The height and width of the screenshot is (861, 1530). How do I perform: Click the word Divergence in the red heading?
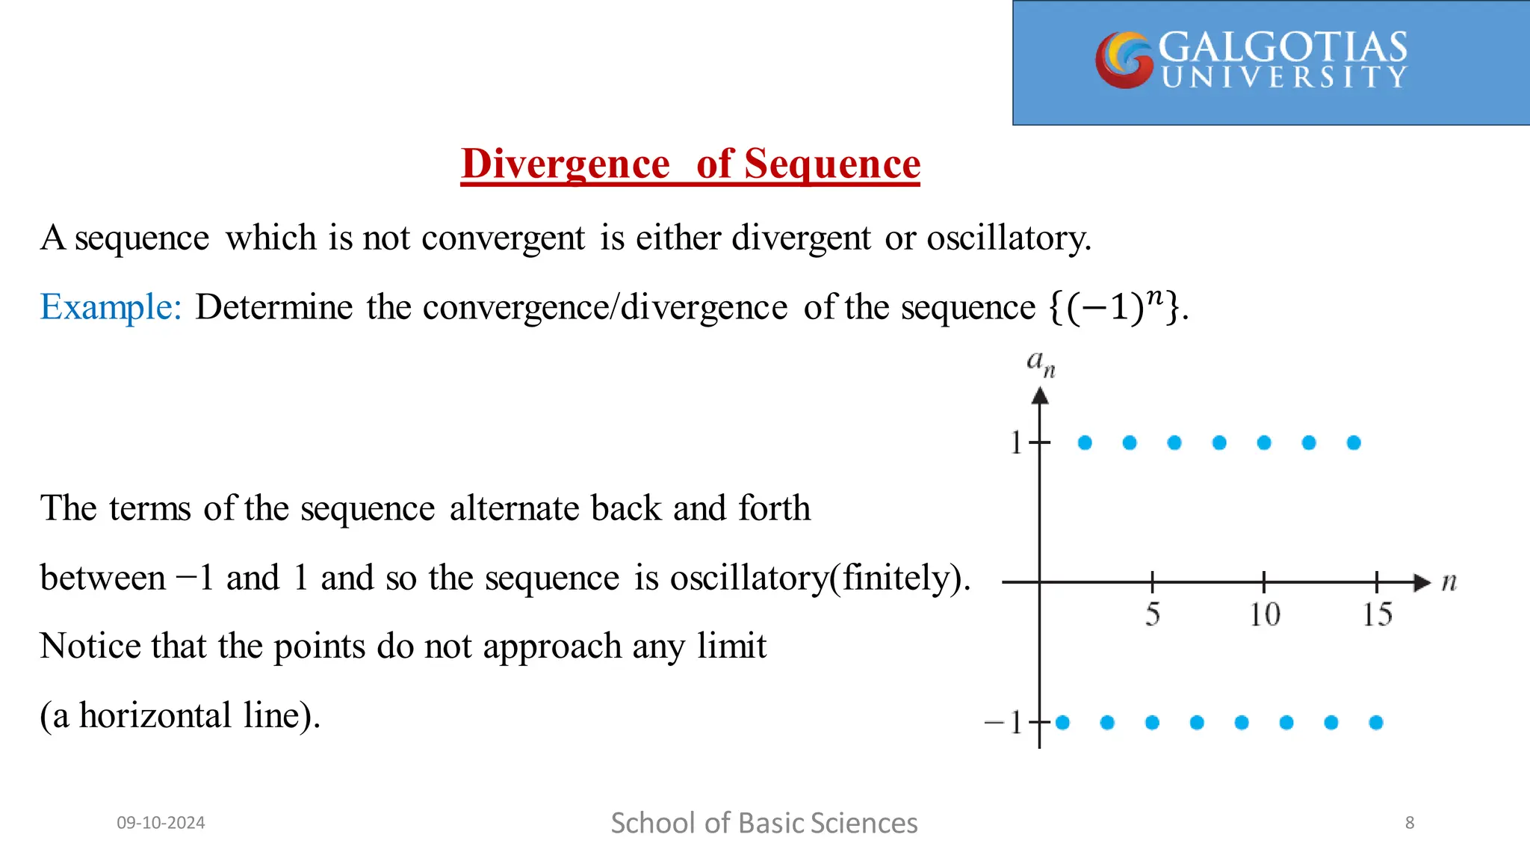[566, 164]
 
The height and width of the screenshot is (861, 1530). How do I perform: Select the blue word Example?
[110, 307]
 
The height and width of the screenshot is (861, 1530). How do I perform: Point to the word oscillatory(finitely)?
[820, 578]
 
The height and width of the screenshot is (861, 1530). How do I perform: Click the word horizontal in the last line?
[155, 715]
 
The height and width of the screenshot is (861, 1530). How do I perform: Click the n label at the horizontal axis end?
[1449, 581]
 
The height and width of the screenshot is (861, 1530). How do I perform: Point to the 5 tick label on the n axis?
[1153, 614]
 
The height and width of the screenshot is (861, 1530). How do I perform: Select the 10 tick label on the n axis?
[1265, 614]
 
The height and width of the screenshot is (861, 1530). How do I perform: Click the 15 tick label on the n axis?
[1377, 614]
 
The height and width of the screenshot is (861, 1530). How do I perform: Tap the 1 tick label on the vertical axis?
[1016, 442]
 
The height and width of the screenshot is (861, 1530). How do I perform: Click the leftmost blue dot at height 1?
[1085, 442]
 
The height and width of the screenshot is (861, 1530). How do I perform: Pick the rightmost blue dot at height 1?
[1354, 442]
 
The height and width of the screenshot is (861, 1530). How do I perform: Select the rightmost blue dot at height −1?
[1376, 722]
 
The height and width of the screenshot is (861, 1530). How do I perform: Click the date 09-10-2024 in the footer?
[161, 823]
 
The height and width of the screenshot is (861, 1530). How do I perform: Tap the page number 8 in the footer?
[1410, 823]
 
